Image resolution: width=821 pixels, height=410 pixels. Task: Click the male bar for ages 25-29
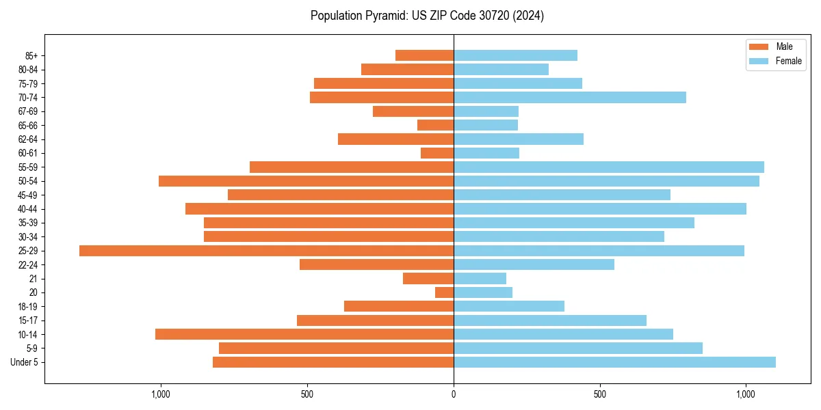(x=266, y=251)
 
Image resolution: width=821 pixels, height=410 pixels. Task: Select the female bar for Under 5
(x=614, y=362)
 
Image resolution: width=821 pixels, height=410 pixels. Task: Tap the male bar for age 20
(x=445, y=292)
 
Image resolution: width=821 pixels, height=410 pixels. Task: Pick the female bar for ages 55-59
(x=609, y=167)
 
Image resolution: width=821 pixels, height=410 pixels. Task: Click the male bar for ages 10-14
(x=304, y=334)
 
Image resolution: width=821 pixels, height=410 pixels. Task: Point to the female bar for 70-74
(x=570, y=98)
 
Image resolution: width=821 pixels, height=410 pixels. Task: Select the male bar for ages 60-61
(x=437, y=153)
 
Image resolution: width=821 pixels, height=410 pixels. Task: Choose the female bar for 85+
(x=515, y=55)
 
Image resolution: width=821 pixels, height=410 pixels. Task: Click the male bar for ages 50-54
(x=306, y=181)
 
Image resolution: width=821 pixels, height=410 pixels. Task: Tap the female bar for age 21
(x=480, y=279)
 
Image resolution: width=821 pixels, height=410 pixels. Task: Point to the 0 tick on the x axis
(x=454, y=394)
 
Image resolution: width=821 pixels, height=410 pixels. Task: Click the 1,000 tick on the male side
(x=161, y=394)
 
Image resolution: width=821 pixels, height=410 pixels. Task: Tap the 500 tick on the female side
(x=599, y=394)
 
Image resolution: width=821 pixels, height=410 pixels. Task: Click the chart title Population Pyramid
(x=427, y=16)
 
